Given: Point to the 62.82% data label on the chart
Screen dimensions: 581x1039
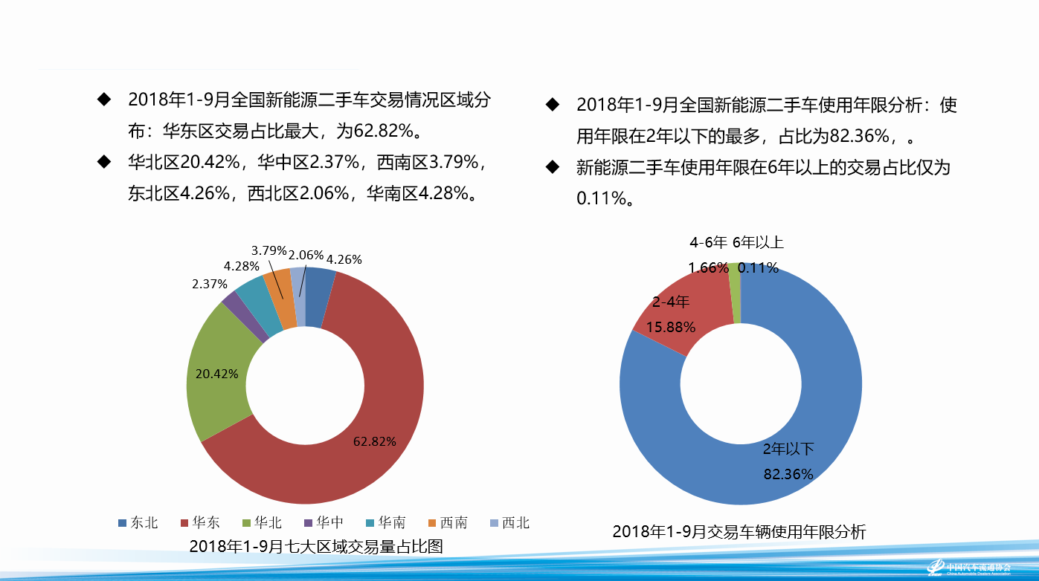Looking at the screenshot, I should tap(375, 441).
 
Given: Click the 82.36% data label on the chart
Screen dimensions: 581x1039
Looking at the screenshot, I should tap(788, 474).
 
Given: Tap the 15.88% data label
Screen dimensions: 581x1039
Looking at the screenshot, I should tap(671, 327).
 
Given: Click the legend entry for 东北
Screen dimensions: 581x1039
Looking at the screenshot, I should tap(138, 523).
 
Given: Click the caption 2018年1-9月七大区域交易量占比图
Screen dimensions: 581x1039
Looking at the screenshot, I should tap(316, 547).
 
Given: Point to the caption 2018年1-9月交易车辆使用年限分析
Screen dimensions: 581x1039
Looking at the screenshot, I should tap(739, 532).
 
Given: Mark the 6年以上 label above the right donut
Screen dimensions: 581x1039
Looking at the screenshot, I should tap(758, 242).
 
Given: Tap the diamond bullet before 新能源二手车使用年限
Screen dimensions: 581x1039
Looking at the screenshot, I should tap(552, 166).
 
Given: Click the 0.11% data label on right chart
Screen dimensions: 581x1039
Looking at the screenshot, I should tap(758, 267).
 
